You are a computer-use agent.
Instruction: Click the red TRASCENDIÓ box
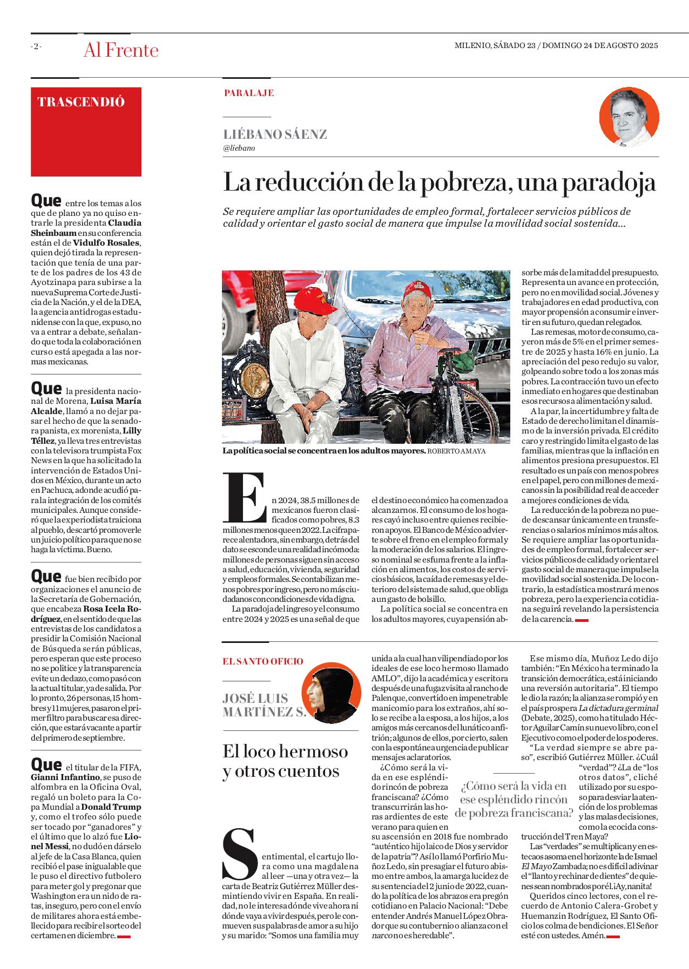86,132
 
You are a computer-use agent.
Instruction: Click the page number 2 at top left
36,46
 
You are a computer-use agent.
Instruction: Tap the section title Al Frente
121,50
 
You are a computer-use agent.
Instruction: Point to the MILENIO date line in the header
556,46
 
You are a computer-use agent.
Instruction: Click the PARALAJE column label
249,93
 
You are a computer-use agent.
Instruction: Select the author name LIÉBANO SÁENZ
275,134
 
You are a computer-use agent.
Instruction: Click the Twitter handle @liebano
239,148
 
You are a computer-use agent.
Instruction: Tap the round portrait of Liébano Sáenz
629,118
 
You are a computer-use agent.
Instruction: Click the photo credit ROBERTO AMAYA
456,451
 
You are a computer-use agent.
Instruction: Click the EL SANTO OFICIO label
263,661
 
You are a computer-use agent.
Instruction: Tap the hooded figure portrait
330,693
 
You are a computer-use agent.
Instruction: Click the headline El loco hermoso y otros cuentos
285,761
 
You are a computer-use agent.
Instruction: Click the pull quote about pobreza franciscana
514,799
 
